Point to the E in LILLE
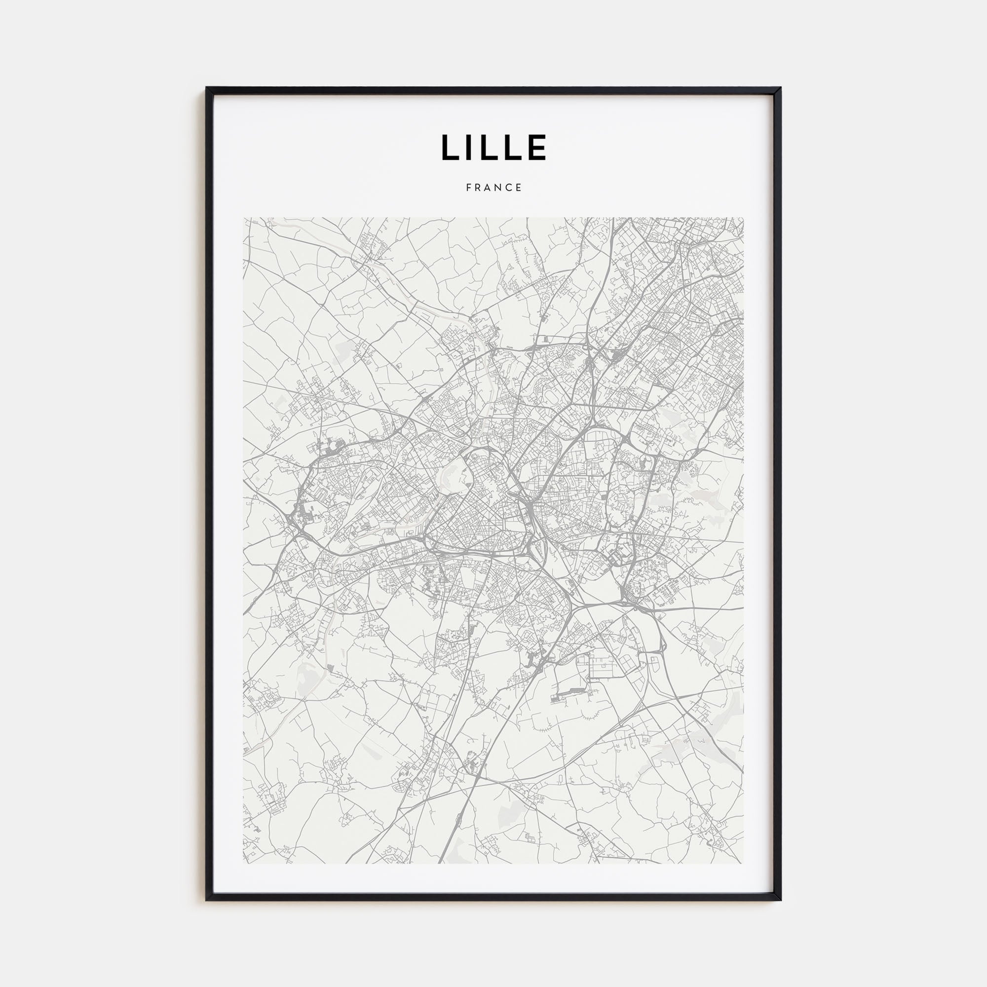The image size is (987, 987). (537, 147)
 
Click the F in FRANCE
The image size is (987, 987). (468, 188)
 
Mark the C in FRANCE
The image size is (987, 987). (509, 188)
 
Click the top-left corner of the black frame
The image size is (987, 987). (207, 88)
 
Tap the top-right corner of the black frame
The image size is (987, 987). (780, 88)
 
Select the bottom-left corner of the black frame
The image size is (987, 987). (207, 900)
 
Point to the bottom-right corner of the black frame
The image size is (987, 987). (780, 900)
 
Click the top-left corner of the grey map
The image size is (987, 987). (244, 218)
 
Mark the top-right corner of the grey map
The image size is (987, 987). (743, 218)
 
